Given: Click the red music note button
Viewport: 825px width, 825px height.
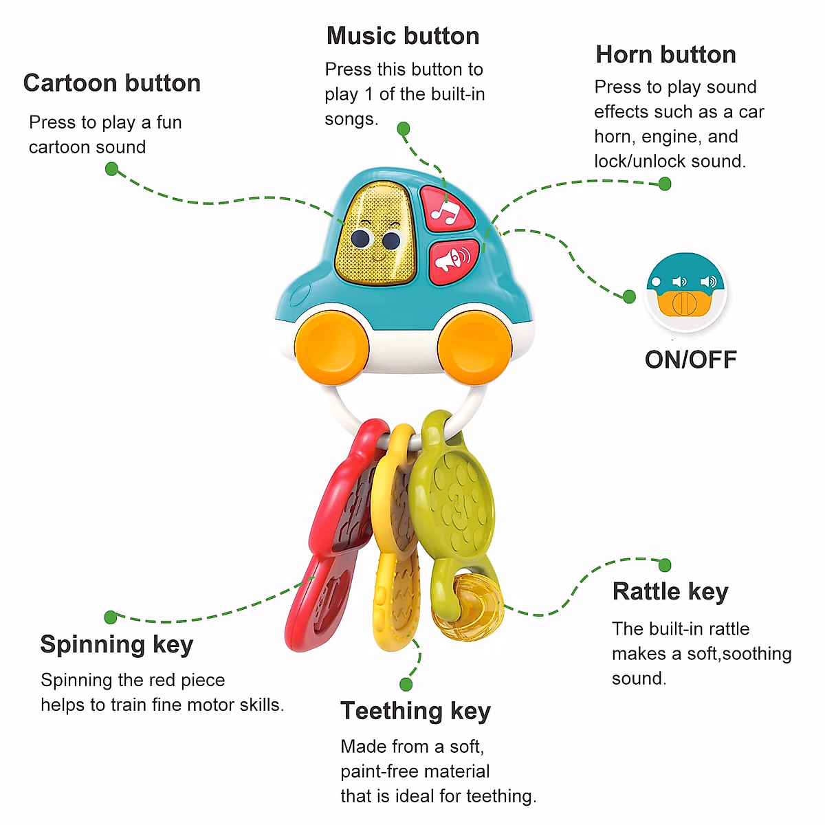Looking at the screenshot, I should click(x=446, y=207).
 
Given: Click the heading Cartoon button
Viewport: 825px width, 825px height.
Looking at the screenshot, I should click(x=112, y=83).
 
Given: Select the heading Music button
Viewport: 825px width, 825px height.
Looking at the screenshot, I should click(x=403, y=36).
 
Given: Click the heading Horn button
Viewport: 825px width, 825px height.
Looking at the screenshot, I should click(x=665, y=54).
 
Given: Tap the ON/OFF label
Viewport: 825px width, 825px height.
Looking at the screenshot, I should click(x=690, y=360).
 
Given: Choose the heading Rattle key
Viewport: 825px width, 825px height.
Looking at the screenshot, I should click(x=670, y=591).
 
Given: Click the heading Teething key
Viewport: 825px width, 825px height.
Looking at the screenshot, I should click(x=415, y=711).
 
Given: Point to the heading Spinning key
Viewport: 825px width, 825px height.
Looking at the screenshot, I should click(x=117, y=644).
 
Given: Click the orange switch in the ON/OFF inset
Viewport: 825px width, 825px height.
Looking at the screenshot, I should click(x=685, y=303).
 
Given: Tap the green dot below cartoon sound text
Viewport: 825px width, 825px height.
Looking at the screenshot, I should click(x=112, y=169).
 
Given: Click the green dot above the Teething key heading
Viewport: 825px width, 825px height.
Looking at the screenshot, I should click(x=406, y=684).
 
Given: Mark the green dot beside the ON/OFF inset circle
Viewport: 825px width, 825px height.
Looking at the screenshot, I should click(x=629, y=297).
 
